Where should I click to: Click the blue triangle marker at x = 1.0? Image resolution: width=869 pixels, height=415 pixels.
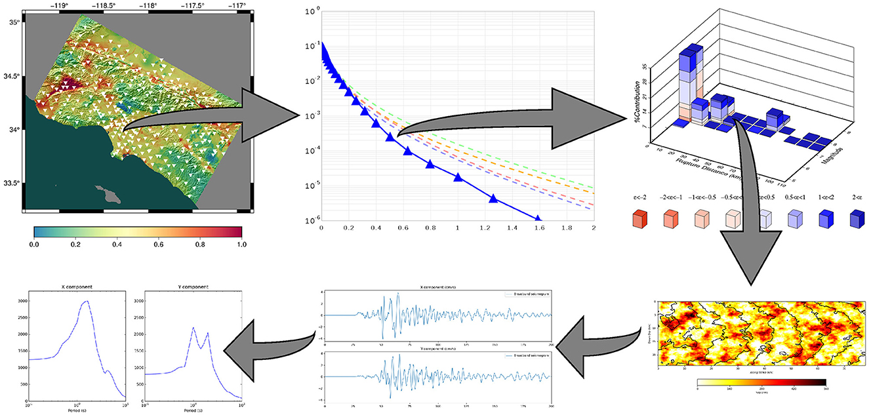coord(458,177)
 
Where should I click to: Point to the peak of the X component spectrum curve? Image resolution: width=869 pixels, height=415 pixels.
coord(86,302)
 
